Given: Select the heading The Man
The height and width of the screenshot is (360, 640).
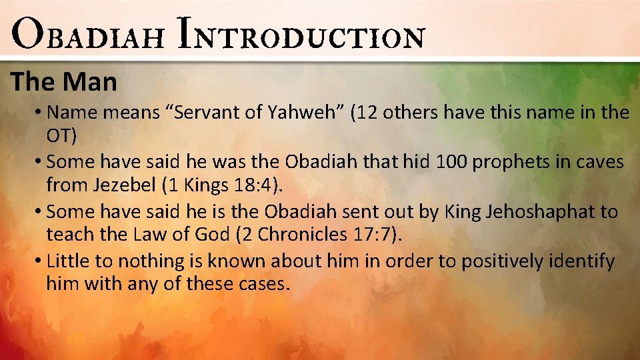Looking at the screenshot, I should coord(64,83).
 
